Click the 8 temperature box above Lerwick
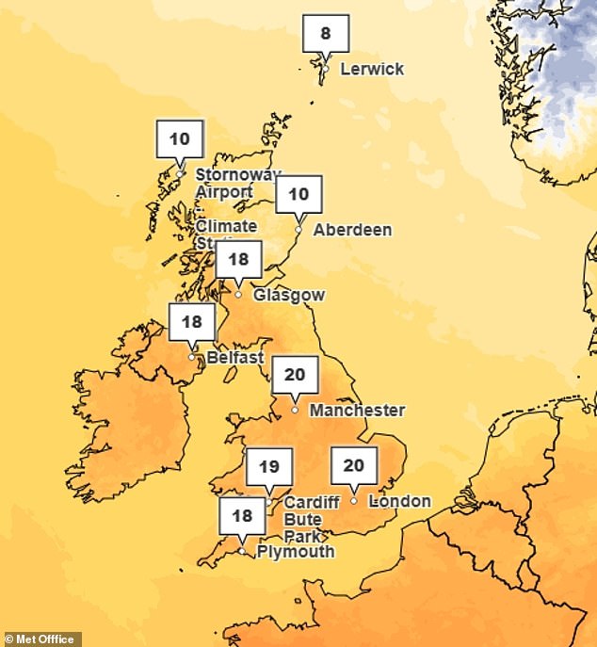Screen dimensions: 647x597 click(325, 34)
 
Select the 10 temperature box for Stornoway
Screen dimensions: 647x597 click(179, 139)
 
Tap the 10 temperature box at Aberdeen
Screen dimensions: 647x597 click(298, 195)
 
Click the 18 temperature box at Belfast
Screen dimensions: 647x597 click(192, 322)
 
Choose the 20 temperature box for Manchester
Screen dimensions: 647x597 click(295, 375)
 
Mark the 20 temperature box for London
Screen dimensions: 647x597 click(353, 465)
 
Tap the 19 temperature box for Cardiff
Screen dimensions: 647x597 click(269, 466)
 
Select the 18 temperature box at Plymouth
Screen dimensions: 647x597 click(242, 516)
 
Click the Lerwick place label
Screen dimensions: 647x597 click(372, 69)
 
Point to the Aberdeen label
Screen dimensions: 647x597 click(352, 230)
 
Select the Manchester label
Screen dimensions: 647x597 click(357, 411)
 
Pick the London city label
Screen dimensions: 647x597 click(400, 501)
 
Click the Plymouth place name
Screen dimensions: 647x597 click(296, 552)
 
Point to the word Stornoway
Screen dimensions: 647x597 click(238, 175)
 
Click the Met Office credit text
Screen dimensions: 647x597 click(40, 639)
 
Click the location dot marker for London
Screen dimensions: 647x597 click(353, 500)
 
